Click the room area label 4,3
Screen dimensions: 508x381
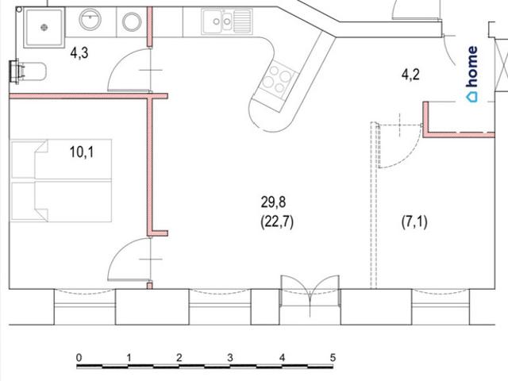click(x=79, y=52)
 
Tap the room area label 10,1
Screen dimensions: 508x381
click(x=82, y=152)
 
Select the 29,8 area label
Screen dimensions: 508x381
click(x=273, y=202)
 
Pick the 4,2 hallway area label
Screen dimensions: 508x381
click(x=410, y=75)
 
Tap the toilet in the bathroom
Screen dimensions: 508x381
click(x=28, y=71)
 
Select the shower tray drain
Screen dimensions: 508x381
click(x=44, y=28)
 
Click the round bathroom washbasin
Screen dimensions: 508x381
click(x=90, y=19)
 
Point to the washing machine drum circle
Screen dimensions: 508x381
click(x=132, y=22)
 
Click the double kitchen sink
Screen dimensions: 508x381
click(x=227, y=21)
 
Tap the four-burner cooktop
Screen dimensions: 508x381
click(x=277, y=79)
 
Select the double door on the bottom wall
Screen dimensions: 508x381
click(x=310, y=294)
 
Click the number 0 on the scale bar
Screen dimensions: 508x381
click(x=79, y=358)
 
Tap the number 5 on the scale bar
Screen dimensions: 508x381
click(x=333, y=358)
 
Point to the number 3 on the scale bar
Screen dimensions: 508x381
click(x=230, y=358)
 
